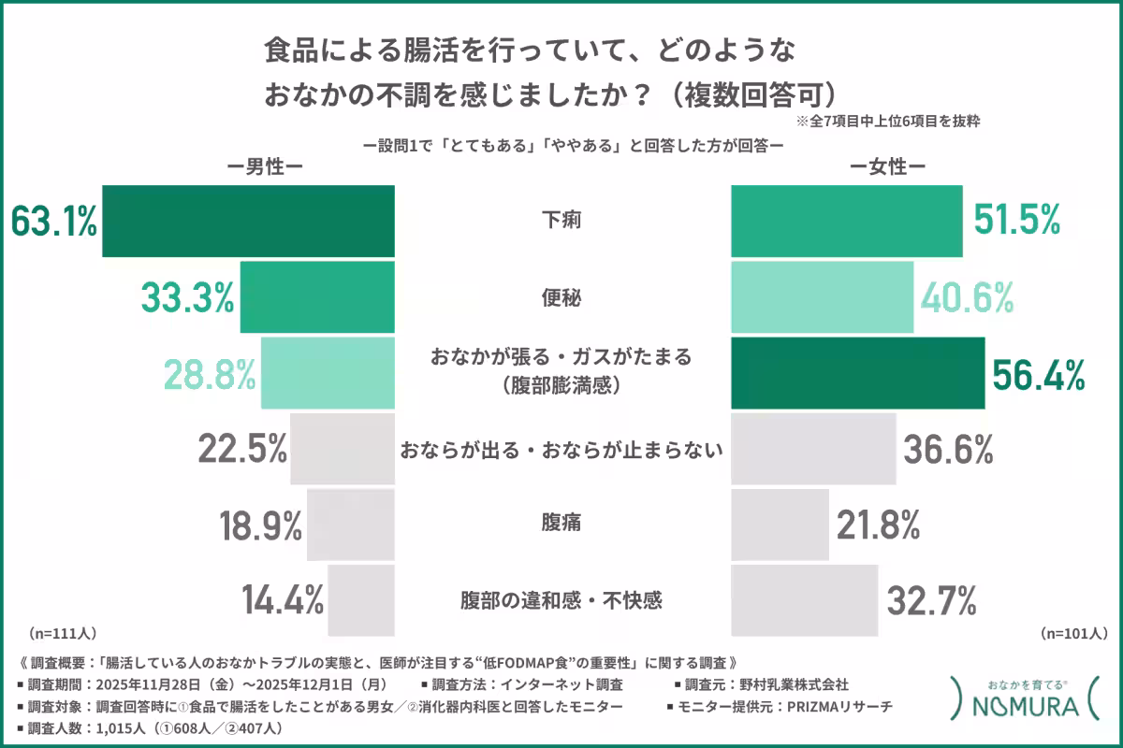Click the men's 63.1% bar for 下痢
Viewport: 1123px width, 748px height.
click(x=248, y=222)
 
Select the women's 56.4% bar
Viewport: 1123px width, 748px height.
click(x=857, y=373)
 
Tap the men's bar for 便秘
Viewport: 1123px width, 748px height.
click(x=317, y=297)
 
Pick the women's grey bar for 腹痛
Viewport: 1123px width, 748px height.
click(x=780, y=524)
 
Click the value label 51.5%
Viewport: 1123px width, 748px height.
click(x=1017, y=222)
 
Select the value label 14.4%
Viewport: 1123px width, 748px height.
click(x=283, y=599)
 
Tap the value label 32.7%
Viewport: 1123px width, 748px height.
click(x=930, y=599)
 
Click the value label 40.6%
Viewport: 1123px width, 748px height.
click(x=968, y=298)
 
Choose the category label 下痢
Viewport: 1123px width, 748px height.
click(x=561, y=222)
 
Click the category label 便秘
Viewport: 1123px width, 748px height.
click(x=561, y=298)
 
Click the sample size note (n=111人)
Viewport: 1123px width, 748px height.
click(x=63, y=632)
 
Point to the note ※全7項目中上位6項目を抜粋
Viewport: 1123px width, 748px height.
click(x=888, y=122)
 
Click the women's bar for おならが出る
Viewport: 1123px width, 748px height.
click(x=813, y=449)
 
